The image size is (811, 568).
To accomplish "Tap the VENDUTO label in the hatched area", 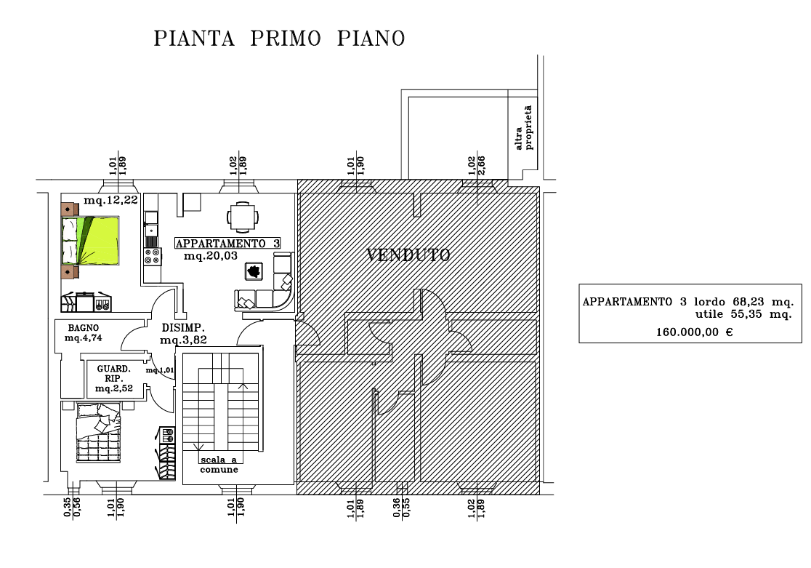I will tap(408, 255).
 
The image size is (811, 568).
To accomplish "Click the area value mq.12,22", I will tap(110, 201).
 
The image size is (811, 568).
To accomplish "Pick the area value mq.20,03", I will tap(211, 257).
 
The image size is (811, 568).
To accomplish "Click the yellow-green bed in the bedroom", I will tap(90, 241).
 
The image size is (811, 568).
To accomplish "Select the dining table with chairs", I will tap(243, 216).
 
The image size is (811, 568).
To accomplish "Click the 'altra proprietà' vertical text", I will tap(524, 129).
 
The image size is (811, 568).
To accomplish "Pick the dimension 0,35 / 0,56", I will tap(71, 507).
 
